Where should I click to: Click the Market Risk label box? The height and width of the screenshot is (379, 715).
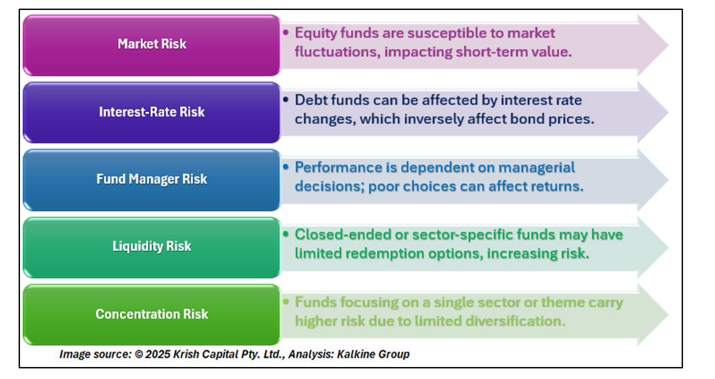(152, 45)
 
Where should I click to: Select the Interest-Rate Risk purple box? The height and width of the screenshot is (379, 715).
(152, 113)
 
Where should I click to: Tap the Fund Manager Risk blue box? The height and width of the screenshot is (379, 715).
(152, 180)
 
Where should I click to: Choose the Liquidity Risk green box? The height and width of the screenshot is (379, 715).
(152, 248)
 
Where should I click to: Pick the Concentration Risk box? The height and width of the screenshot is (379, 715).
(152, 315)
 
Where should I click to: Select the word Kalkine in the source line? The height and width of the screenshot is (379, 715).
(354, 354)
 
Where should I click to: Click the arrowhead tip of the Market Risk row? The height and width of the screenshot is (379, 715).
(668, 45)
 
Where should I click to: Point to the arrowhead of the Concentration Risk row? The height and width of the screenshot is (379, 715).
(653, 315)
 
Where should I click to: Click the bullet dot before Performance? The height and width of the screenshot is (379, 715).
(286, 167)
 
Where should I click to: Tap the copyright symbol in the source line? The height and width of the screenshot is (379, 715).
(139, 354)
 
